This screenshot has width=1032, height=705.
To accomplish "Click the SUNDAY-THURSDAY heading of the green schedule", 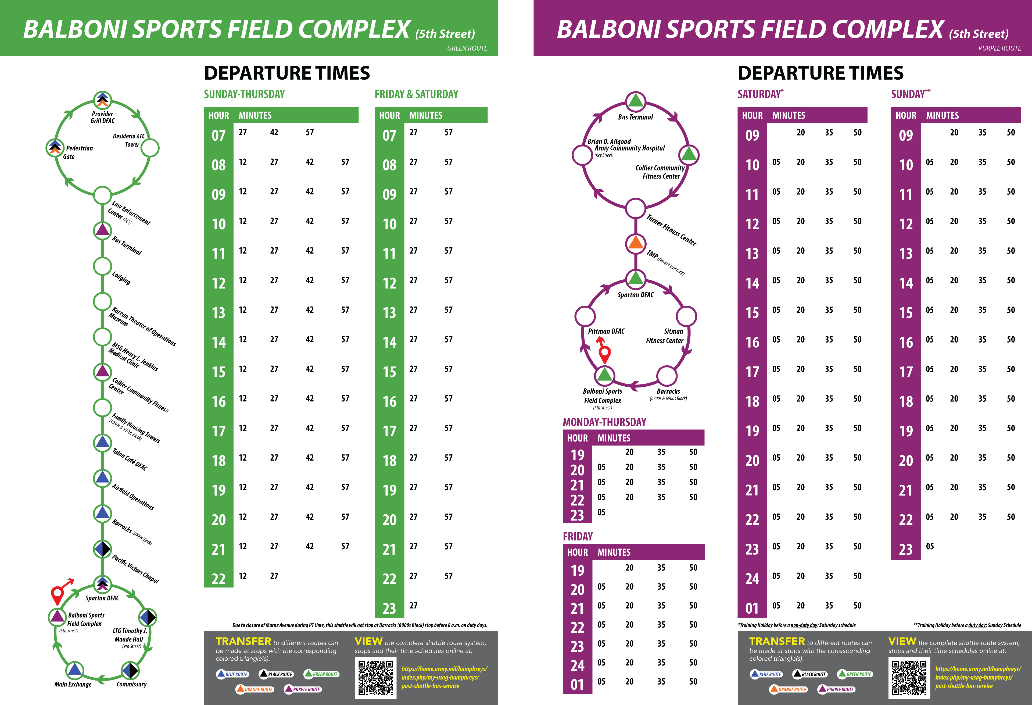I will [x=244, y=94].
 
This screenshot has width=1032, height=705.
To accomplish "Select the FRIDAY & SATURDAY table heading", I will [x=416, y=94].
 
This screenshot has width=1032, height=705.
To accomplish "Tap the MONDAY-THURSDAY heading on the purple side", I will [x=604, y=422].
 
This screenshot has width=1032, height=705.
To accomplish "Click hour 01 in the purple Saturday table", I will [x=752, y=608].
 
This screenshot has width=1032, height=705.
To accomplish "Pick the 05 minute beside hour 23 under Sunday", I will [x=929, y=546].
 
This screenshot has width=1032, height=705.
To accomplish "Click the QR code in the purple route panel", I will [x=909, y=678].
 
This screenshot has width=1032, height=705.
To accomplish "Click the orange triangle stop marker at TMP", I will [x=635, y=243].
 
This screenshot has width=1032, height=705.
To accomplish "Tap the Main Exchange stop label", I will [x=73, y=684].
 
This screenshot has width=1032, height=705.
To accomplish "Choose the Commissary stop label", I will [x=131, y=684].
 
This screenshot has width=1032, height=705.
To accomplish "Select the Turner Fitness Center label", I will [x=671, y=230].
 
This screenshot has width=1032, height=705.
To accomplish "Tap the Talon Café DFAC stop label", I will [x=130, y=459].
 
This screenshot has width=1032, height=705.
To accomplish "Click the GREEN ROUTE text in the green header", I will [x=467, y=48].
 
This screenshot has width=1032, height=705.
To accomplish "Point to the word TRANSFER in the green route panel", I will [x=243, y=642].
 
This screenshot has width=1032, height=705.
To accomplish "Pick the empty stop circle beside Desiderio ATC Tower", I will [x=150, y=148].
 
